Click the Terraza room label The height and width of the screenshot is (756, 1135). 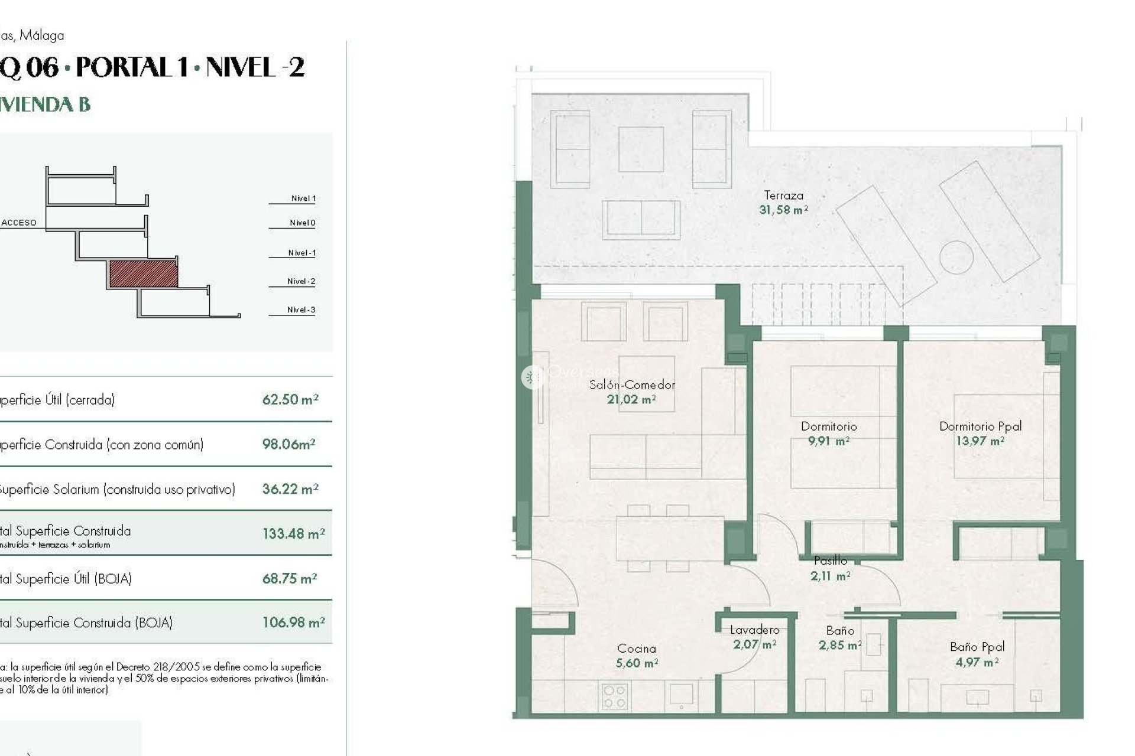tap(783, 195)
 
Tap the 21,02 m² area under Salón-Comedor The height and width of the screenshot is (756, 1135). tap(631, 400)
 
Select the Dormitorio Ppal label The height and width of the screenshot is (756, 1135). tap(980, 426)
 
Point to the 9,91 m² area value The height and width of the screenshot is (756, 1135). tap(828, 441)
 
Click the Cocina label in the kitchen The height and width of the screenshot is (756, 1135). tap(636, 649)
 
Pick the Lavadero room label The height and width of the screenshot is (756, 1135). tap(754, 630)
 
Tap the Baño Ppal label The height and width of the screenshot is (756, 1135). tap(977, 647)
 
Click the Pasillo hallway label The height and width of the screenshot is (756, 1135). tap(830, 561)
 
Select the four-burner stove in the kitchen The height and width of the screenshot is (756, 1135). tap(614, 696)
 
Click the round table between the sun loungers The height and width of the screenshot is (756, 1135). tap(956, 257)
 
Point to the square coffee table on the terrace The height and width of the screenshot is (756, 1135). tap(641, 149)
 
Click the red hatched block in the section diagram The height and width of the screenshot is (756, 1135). tap(144, 274)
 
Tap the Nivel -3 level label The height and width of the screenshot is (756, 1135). tap(301, 309)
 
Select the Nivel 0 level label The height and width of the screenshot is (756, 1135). tap(302, 223)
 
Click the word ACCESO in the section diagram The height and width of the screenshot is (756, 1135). tap(19, 223)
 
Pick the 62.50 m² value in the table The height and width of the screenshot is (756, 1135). tap(290, 399)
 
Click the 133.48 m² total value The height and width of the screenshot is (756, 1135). tap(293, 534)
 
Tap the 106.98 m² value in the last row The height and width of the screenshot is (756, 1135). tap(293, 623)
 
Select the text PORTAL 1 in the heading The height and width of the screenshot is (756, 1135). tap(132, 67)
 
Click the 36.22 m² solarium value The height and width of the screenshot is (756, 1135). tap(290, 489)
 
